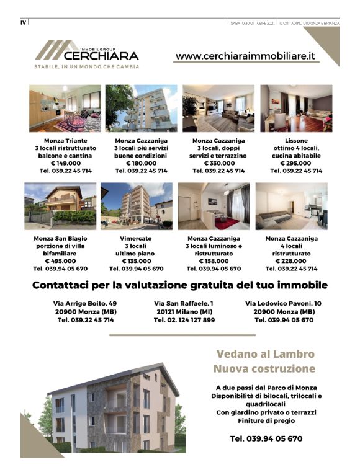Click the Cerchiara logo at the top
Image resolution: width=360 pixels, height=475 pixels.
point(86,53)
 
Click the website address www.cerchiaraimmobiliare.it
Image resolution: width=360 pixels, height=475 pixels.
point(245,56)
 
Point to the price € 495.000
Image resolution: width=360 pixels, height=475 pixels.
point(60,262)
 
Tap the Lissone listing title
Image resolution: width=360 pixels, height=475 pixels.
point(296,141)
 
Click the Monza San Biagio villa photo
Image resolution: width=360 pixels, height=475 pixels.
point(60,205)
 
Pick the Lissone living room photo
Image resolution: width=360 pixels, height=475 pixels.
point(295,108)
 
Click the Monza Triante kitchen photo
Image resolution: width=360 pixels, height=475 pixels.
point(65,108)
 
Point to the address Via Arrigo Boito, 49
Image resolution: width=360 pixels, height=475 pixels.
point(86,303)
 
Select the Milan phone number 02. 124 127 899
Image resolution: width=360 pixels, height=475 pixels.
point(184,320)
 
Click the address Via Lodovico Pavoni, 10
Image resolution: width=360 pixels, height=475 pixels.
point(284,303)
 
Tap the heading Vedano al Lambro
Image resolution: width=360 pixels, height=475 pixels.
point(265,355)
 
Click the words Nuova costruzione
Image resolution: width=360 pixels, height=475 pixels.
point(265,370)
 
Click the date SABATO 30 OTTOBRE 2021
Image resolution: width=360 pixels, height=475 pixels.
point(252,23)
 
